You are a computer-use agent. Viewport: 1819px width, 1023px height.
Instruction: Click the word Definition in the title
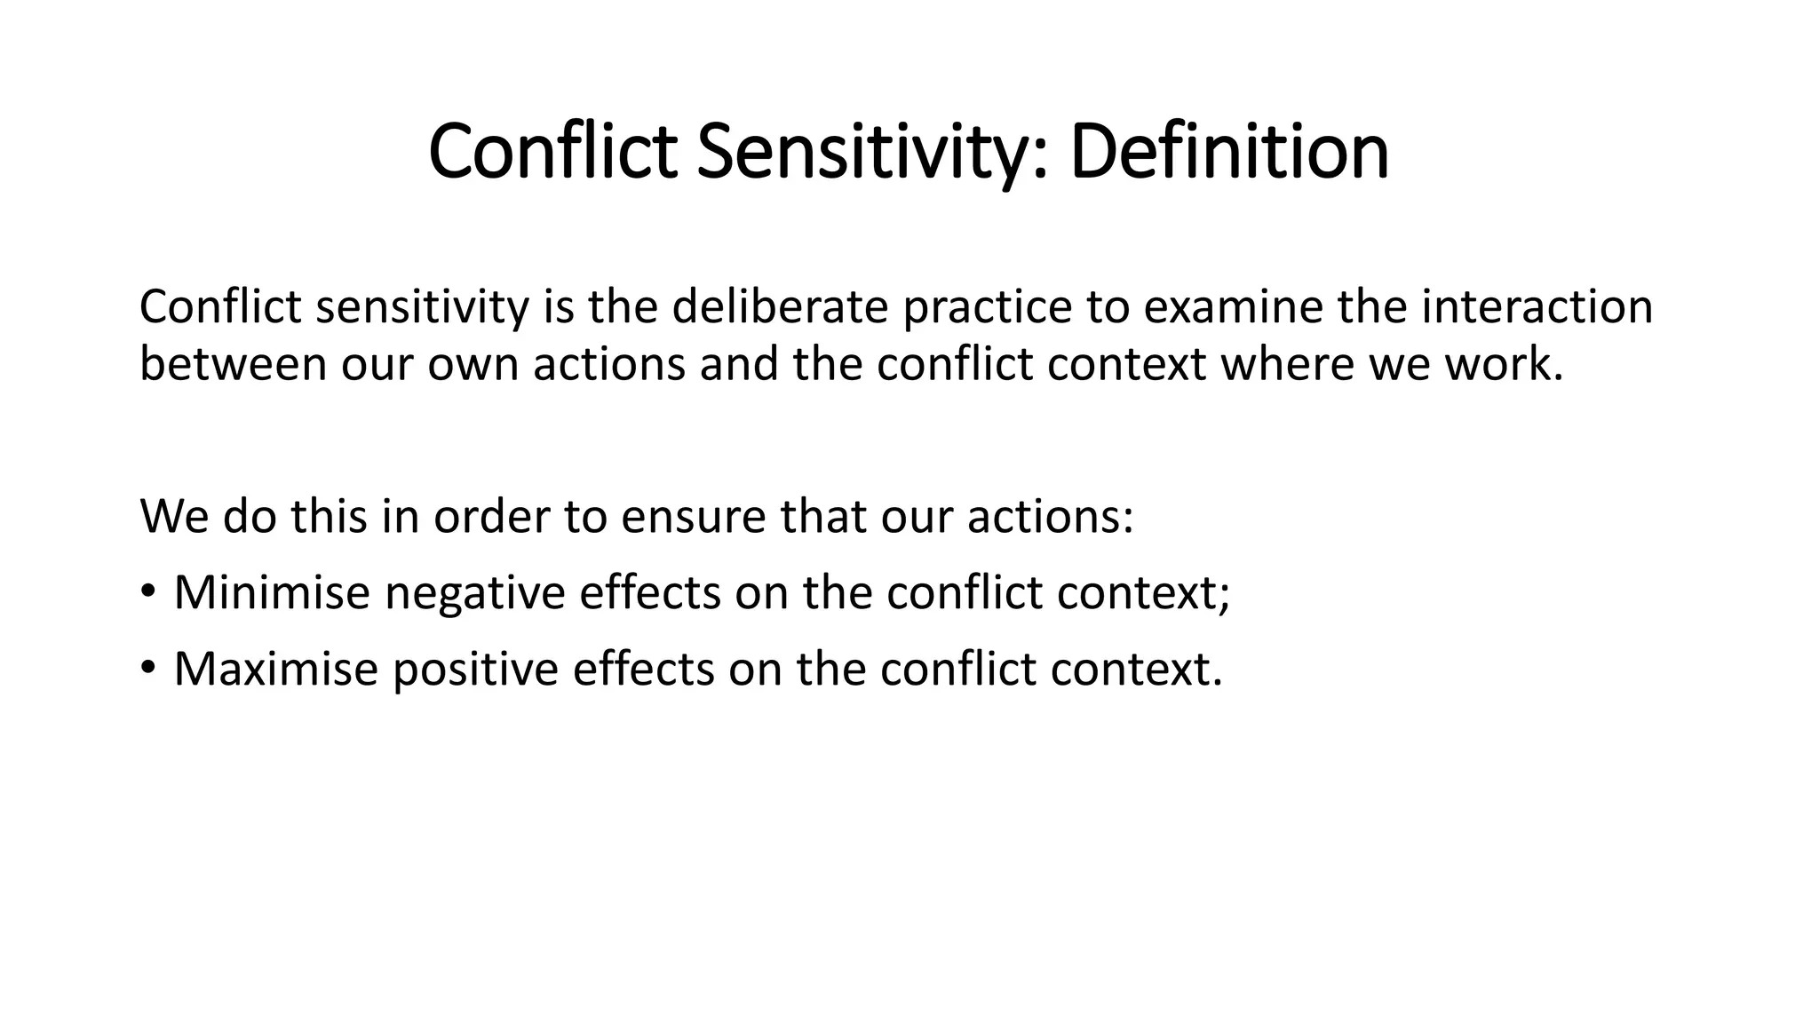pyautogui.click(x=1229, y=152)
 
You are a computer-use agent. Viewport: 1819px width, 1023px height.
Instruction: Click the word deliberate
pyautogui.click(x=779, y=307)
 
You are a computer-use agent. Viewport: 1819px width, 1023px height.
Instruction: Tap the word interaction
pyautogui.click(x=1537, y=307)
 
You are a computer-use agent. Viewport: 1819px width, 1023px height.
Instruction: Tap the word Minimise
pyautogui.click(x=272, y=592)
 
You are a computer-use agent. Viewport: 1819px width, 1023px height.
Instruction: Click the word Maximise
pyautogui.click(x=276, y=669)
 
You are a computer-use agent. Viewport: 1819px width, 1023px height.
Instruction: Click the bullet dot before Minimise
pyautogui.click(x=147, y=591)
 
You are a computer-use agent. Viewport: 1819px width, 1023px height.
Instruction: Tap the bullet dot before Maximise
pyautogui.click(x=147, y=667)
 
